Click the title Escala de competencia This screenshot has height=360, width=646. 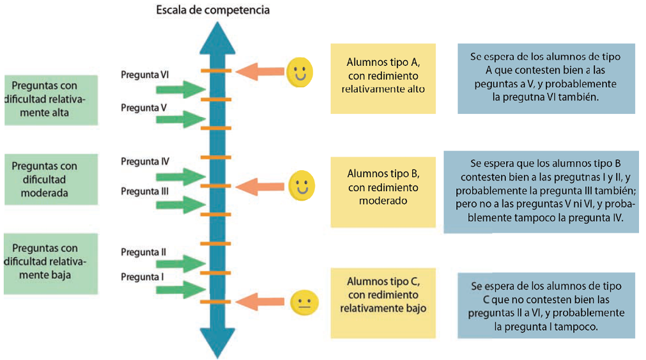tap(213, 10)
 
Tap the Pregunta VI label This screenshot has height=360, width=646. tap(145, 75)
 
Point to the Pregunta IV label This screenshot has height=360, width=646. tap(145, 162)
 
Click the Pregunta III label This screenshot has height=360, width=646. tap(144, 191)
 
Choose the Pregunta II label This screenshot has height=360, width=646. tap(143, 252)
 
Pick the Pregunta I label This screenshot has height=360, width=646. tap(142, 278)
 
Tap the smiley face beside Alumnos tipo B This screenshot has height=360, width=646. tap(302, 185)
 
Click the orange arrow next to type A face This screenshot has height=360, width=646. tap(260, 72)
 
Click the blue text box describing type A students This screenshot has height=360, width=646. tap(546, 78)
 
